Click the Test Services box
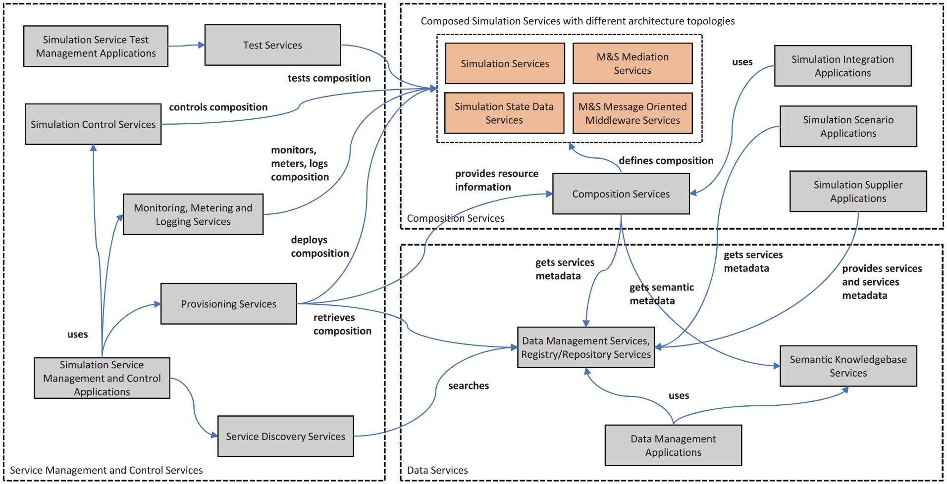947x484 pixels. click(272, 45)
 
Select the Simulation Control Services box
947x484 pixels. click(93, 124)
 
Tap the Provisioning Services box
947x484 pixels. click(229, 304)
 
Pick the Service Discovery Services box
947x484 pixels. click(286, 436)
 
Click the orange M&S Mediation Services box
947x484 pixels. click(632, 63)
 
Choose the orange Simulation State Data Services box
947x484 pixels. click(504, 113)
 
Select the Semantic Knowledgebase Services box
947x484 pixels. click(848, 366)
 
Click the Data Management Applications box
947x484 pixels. click(673, 445)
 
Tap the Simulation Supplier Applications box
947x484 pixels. click(858, 192)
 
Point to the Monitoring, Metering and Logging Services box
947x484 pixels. click(193, 214)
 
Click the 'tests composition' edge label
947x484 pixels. click(329, 78)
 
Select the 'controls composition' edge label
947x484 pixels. click(218, 107)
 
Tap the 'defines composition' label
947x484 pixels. click(666, 161)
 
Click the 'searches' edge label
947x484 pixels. click(469, 386)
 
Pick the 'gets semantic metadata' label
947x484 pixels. click(662, 294)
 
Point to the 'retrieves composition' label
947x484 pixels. click(342, 324)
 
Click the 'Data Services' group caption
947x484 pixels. click(437, 470)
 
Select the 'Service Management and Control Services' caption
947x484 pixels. click(106, 470)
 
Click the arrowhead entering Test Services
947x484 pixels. click(202, 45)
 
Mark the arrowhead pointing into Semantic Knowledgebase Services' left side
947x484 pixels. click(777, 366)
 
